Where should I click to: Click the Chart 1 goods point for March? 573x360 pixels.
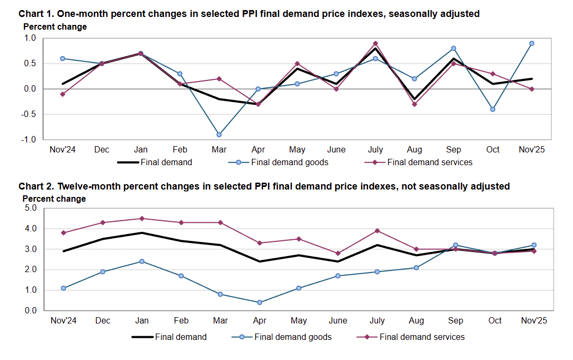219,134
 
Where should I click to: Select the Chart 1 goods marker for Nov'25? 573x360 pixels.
532,43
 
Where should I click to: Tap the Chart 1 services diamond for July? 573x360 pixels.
375,43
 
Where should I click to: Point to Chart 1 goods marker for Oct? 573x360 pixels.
493,109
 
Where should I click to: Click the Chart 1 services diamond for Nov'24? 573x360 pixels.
63,94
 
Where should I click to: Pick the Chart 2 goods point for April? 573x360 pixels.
259,302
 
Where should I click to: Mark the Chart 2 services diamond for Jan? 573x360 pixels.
142,219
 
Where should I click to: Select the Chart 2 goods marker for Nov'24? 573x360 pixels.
63,288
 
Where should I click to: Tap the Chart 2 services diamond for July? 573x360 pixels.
377,231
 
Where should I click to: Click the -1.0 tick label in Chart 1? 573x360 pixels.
29,140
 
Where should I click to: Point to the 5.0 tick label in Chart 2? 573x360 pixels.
30,208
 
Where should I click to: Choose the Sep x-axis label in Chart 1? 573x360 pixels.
454,149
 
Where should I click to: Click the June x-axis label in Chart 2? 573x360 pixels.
338,320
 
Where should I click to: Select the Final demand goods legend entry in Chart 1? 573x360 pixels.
290,162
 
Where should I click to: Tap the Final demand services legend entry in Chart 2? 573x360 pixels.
422,337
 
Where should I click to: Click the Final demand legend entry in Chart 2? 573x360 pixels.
181,337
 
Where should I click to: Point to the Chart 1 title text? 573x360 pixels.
249,14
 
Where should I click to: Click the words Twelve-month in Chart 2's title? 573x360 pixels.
86,186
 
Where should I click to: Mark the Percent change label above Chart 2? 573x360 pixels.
54,199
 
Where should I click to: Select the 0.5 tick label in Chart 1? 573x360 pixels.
29,64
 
